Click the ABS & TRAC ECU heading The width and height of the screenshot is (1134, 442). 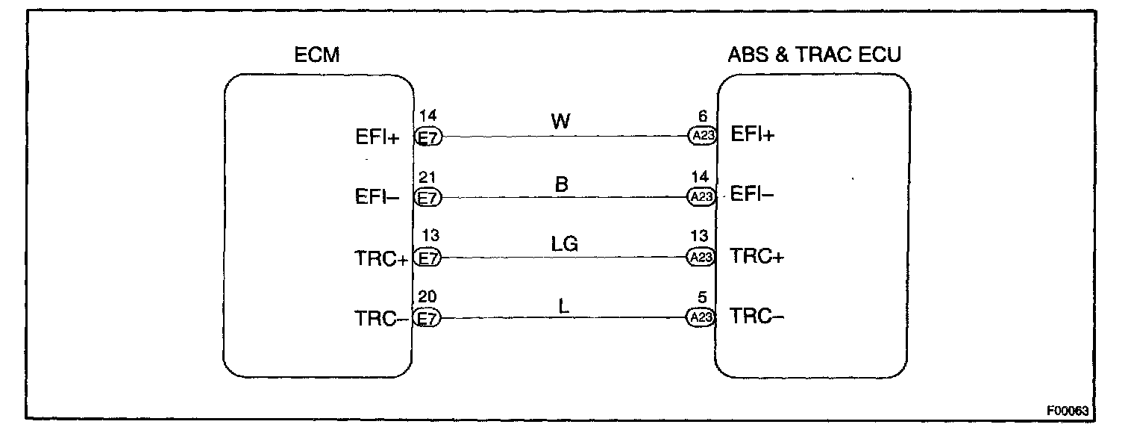coord(814,55)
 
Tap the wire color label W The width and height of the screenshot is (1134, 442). coord(561,121)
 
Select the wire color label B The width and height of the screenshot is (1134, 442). coord(562,184)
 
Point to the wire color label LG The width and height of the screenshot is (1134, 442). coord(565,243)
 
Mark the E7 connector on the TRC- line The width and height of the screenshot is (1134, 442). coord(427,318)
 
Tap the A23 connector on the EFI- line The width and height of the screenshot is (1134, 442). coord(701,197)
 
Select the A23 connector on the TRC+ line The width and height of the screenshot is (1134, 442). coord(701,258)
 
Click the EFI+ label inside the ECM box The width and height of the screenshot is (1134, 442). coord(378,138)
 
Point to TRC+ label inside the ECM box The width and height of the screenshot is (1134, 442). coord(380,259)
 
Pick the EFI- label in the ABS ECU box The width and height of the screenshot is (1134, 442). coord(753,196)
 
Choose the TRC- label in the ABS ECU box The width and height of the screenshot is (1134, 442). coord(756,317)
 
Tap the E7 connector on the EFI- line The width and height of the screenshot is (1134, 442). coord(427,198)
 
